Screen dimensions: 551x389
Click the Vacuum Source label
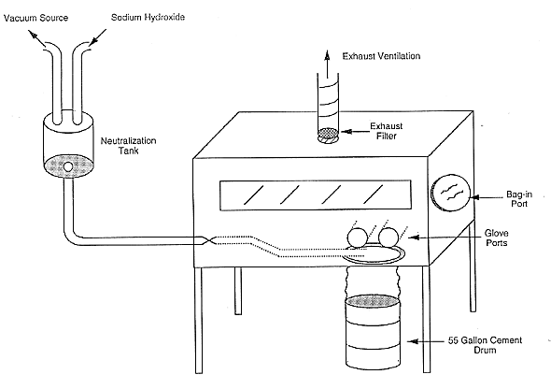pyautogui.click(x=35, y=18)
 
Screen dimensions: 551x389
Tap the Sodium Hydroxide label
pyautogui.click(x=148, y=17)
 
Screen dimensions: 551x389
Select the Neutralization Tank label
pyautogui.click(x=128, y=146)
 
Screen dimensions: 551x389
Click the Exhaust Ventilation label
pyautogui.click(x=381, y=56)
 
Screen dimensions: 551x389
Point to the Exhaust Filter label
pyautogui.click(x=387, y=131)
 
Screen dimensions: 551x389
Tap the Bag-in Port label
pyautogui.click(x=519, y=199)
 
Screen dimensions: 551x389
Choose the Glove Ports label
pyautogui.click(x=497, y=238)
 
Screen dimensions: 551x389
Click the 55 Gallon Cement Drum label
pyautogui.click(x=485, y=345)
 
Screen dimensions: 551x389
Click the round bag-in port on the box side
pyautogui.click(x=450, y=193)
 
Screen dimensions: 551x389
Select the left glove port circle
pyautogui.click(x=358, y=238)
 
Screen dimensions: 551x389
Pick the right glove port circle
pyautogui.click(x=389, y=238)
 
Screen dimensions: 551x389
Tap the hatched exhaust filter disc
pyautogui.click(x=328, y=133)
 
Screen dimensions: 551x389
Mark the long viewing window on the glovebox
pyautogui.click(x=316, y=195)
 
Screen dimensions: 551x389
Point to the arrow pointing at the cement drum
pyautogui.click(x=426, y=341)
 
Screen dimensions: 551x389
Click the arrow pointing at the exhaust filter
pyautogui.click(x=354, y=132)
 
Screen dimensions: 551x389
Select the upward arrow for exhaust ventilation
pyautogui.click(x=327, y=64)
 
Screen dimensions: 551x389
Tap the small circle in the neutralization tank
pyautogui.click(x=68, y=166)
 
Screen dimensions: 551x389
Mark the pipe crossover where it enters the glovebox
pyautogui.click(x=209, y=240)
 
